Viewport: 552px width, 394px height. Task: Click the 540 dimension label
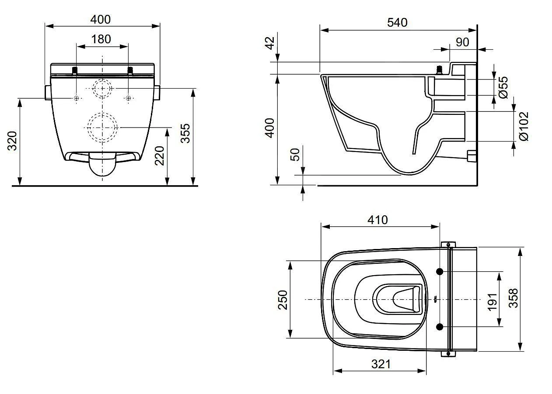click(397, 23)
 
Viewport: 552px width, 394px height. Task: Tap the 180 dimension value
click(101, 39)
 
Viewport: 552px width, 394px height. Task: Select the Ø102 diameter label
click(524, 126)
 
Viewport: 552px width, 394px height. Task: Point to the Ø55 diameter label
click(503, 87)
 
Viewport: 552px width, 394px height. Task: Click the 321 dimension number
click(381, 364)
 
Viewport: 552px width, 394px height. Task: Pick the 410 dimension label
click(377, 220)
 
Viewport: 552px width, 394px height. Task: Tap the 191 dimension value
click(492, 302)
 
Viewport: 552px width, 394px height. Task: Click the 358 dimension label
click(514, 298)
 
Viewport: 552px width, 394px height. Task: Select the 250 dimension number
click(283, 300)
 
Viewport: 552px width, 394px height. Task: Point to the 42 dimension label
click(270, 43)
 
